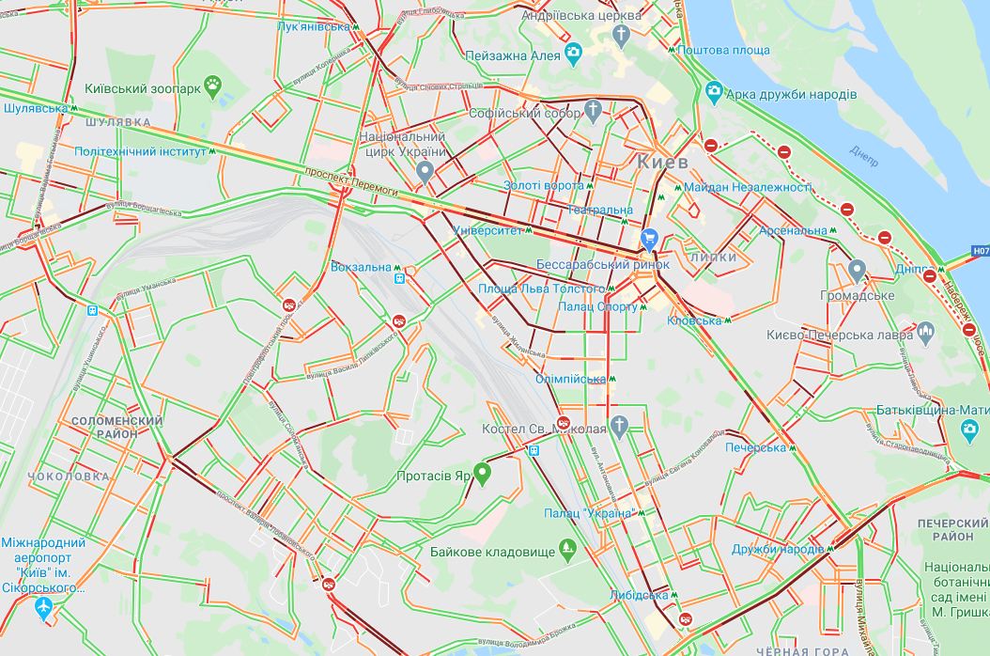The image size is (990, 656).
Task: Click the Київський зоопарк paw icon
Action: pyautogui.click(x=216, y=87)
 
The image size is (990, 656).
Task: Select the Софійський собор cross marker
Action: pyautogui.click(x=592, y=112)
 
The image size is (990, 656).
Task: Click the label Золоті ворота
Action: pyautogui.click(x=543, y=186)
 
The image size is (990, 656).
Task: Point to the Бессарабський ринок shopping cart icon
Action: pyautogui.click(x=649, y=238)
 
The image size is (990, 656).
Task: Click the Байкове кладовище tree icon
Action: pyautogui.click(x=566, y=548)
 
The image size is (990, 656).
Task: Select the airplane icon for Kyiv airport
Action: pyautogui.click(x=43, y=608)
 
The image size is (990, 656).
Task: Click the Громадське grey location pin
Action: pyautogui.click(x=857, y=271)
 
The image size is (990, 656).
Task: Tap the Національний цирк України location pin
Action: pyautogui.click(x=425, y=171)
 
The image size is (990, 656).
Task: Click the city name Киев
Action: pyautogui.click(x=662, y=162)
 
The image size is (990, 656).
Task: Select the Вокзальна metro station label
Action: pyautogui.click(x=361, y=267)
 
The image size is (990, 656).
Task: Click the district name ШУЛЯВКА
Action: pyautogui.click(x=117, y=122)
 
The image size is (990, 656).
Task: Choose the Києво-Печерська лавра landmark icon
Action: pyautogui.click(x=925, y=331)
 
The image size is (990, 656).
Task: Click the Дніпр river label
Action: pyautogui.click(x=865, y=156)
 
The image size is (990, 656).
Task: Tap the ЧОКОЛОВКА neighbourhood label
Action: pyautogui.click(x=69, y=476)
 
